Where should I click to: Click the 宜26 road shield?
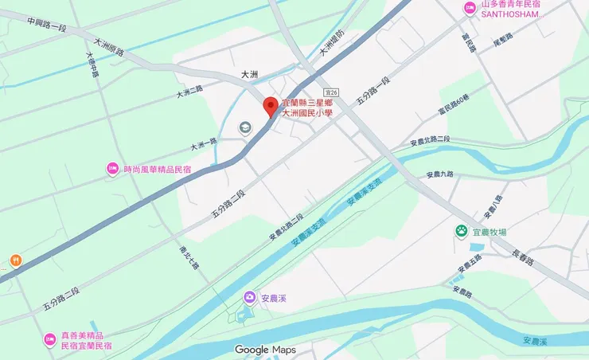point(332,93)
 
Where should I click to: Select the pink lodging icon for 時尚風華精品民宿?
point(113,169)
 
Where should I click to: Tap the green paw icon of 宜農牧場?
point(461,231)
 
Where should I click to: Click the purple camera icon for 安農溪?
point(250,298)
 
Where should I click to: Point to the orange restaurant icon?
point(15,260)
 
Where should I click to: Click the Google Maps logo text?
point(265,350)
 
